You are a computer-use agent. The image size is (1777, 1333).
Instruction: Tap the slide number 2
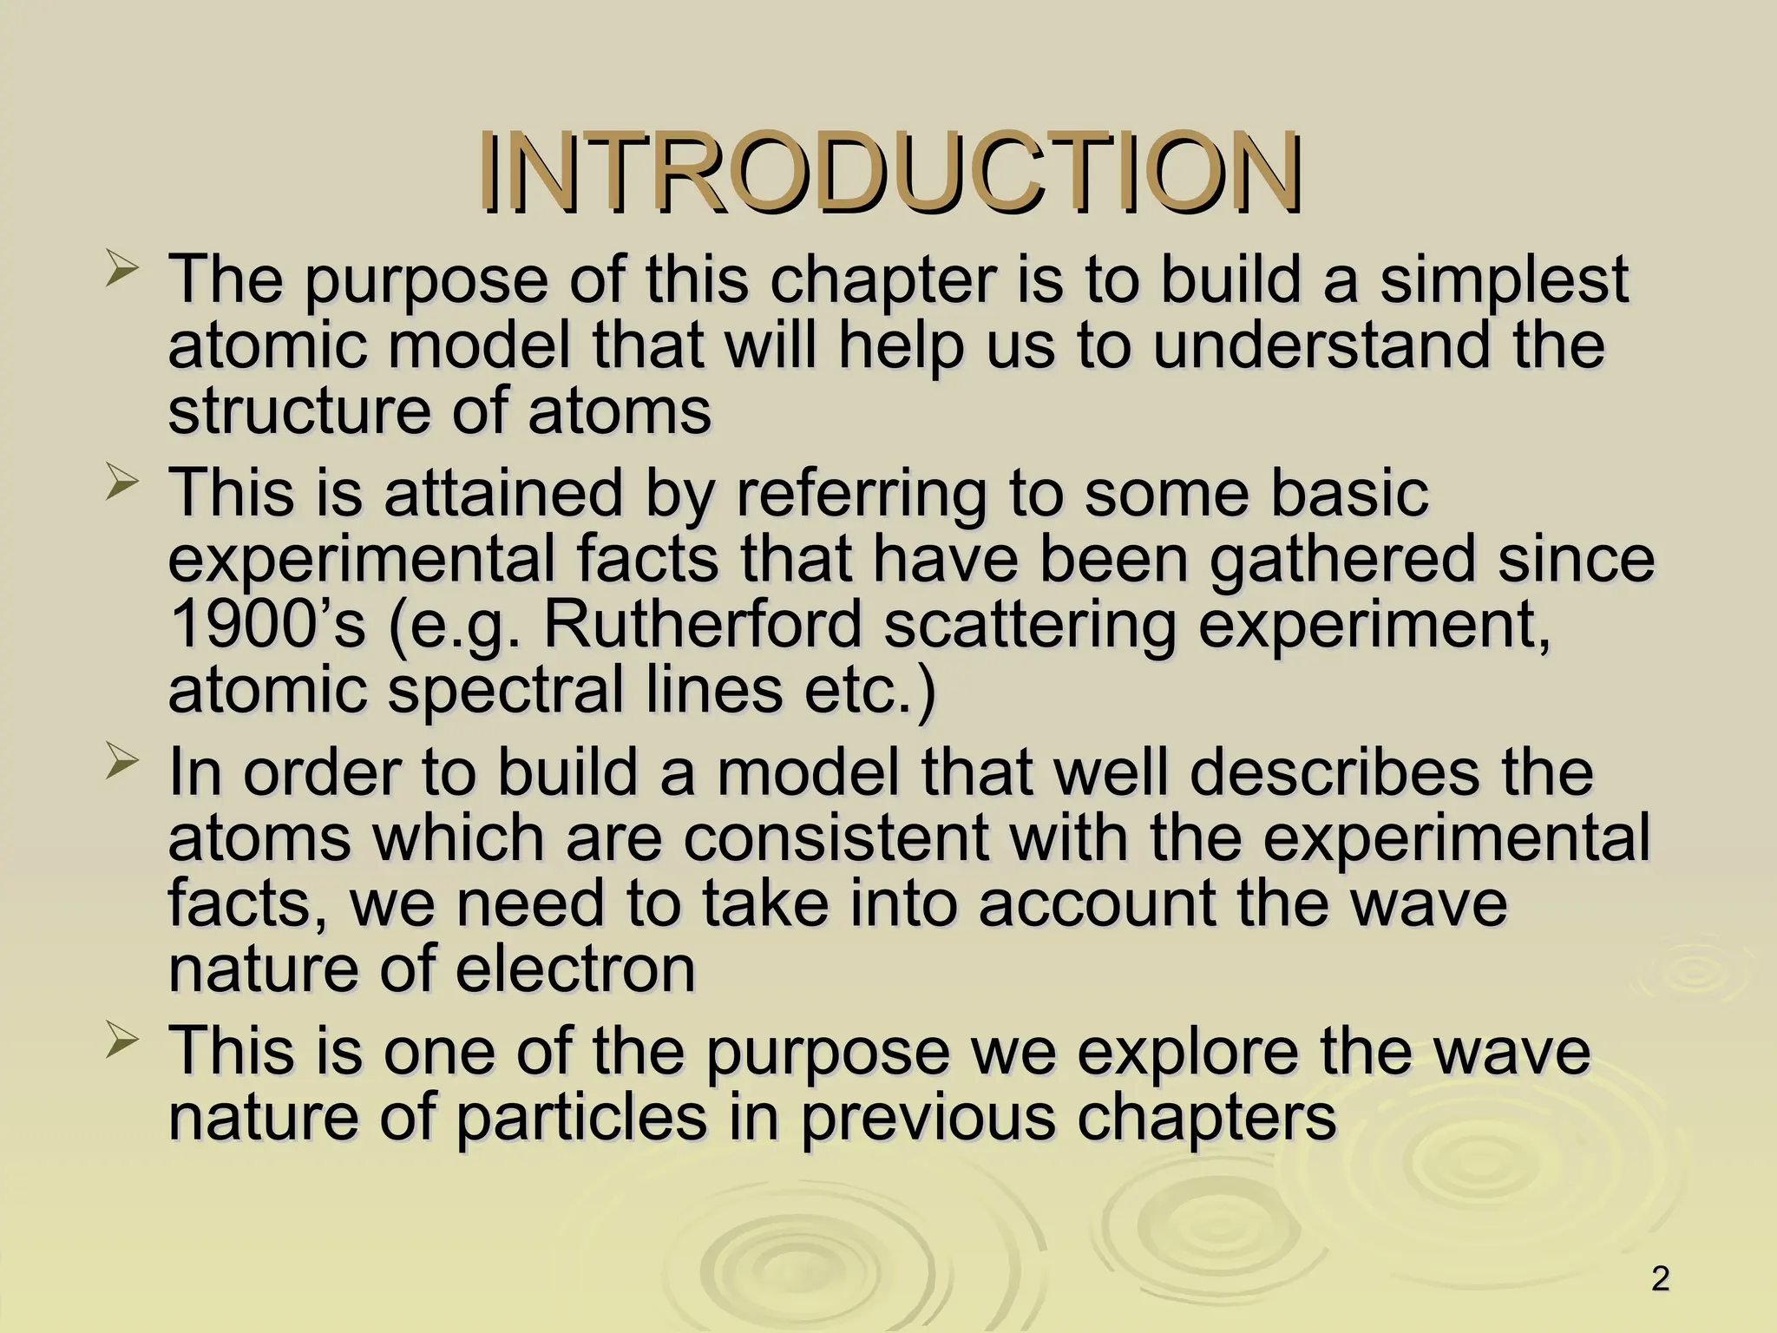[x=1660, y=1279]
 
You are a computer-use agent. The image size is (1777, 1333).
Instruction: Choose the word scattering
[x=1029, y=625]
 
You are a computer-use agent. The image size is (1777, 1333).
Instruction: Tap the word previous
[x=928, y=1117]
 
